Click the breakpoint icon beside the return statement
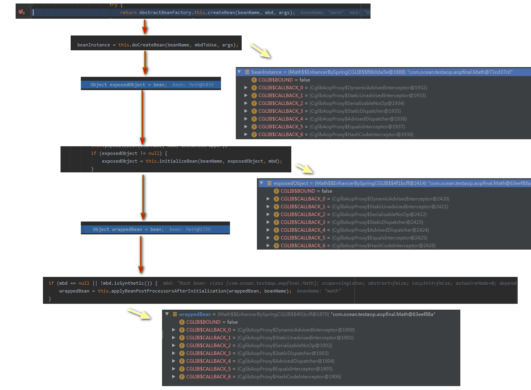[21, 12]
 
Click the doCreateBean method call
[148, 45]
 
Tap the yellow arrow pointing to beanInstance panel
[260, 51]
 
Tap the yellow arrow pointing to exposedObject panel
[305, 168]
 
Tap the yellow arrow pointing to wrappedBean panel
[139, 314]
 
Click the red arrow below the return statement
[145, 27]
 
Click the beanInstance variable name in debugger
[266, 72]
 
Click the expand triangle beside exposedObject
[262, 183]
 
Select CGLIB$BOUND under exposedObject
[298, 191]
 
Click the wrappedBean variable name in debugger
[195, 314]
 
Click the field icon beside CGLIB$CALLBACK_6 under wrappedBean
[182, 377]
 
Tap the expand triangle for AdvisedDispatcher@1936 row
[246, 119]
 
